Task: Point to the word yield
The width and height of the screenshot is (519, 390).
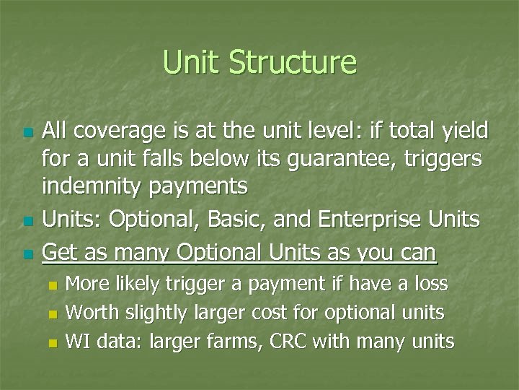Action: pyautogui.click(x=464, y=131)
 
